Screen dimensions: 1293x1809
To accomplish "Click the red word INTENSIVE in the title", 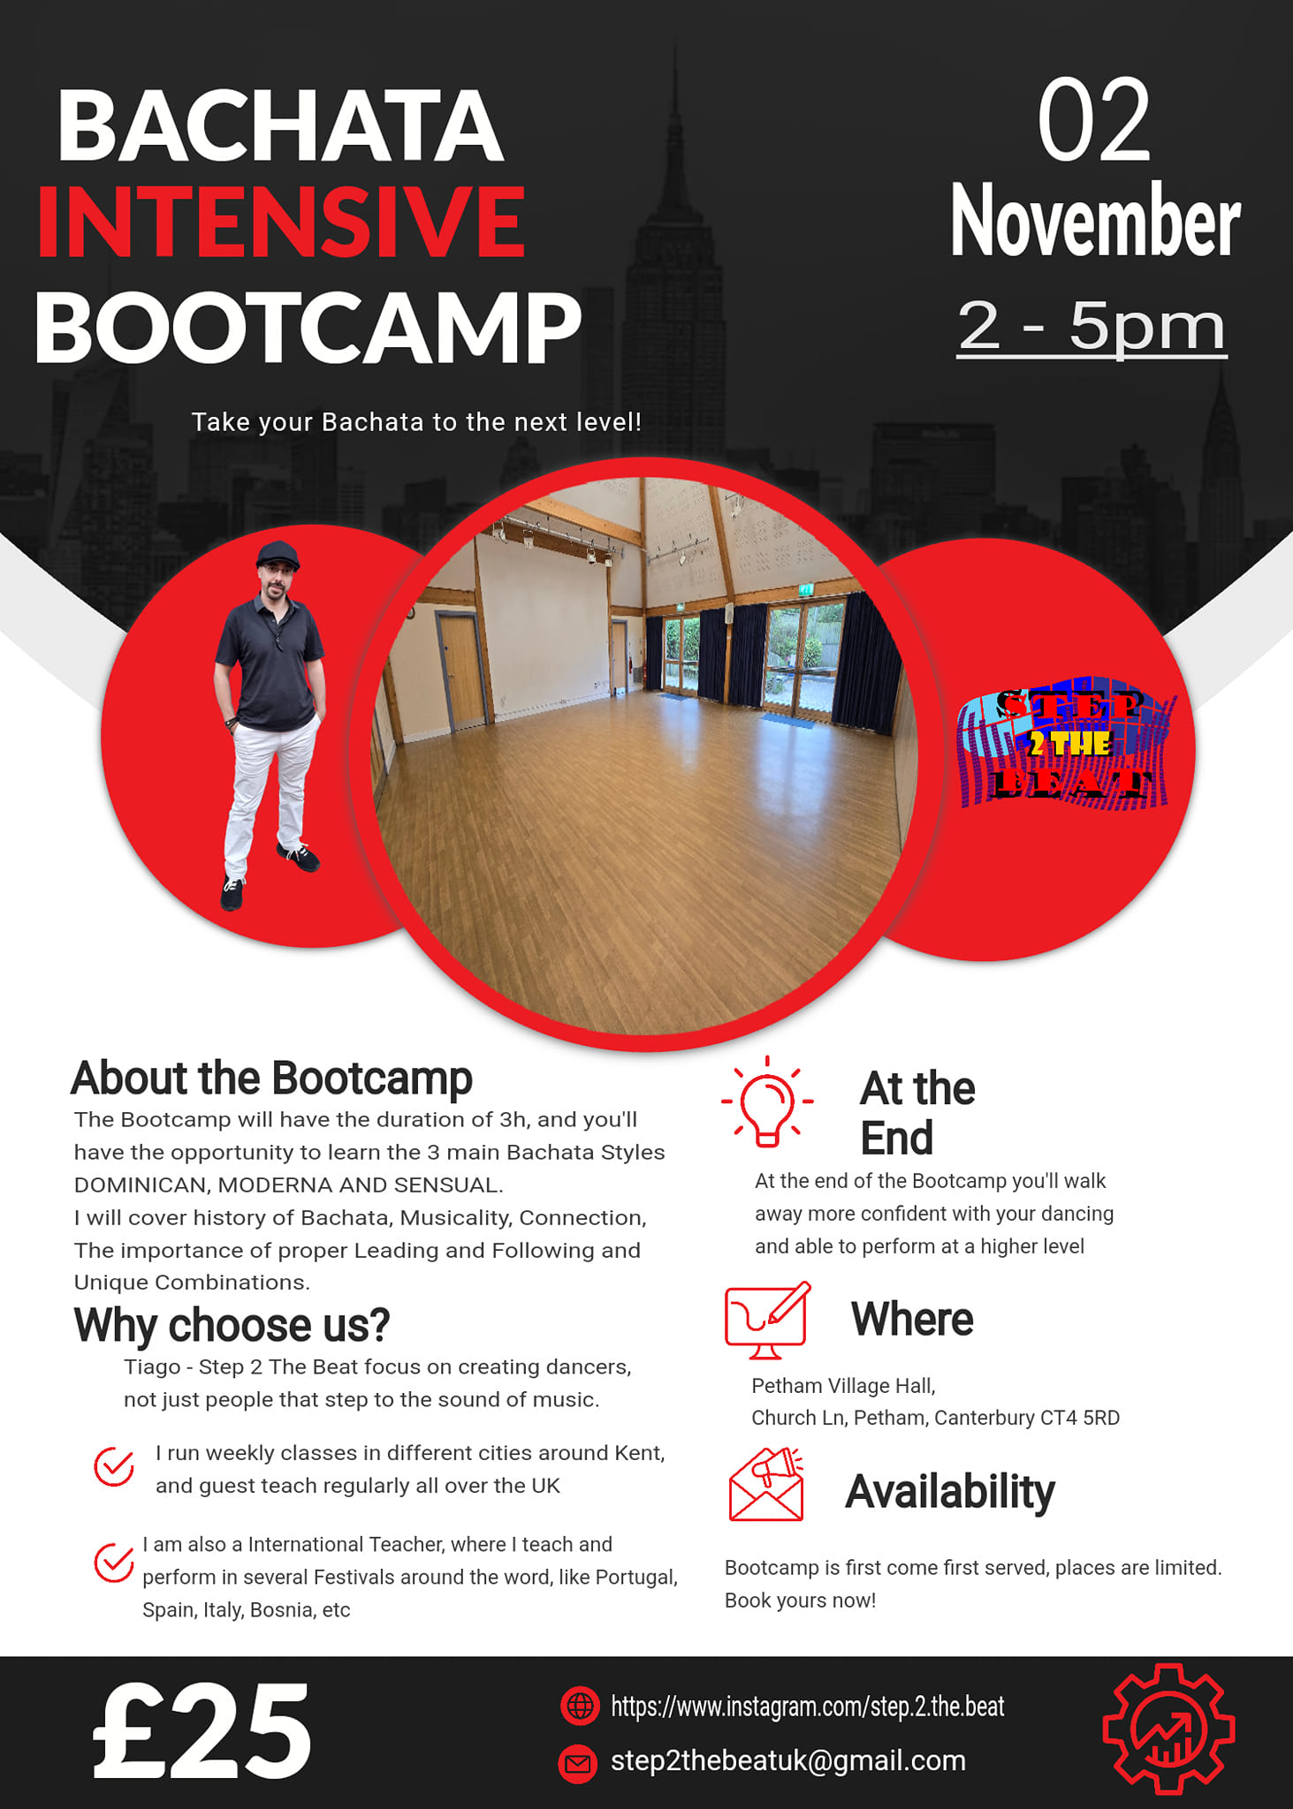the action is (281, 222).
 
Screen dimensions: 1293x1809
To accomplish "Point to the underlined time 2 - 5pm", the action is (1091, 327).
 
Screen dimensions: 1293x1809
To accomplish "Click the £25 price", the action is (202, 1731).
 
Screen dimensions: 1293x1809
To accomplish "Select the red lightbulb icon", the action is (767, 1102).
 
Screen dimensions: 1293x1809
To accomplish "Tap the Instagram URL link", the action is (808, 1707).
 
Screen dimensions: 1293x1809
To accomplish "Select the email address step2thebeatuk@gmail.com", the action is (788, 1760).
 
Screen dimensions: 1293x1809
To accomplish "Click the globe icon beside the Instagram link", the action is (580, 1706).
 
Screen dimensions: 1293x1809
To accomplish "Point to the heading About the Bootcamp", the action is (271, 1079).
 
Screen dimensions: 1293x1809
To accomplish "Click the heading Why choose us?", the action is (232, 1325).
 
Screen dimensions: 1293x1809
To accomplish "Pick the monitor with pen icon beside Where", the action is (767, 1320).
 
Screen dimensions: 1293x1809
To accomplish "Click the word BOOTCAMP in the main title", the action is (308, 328).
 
